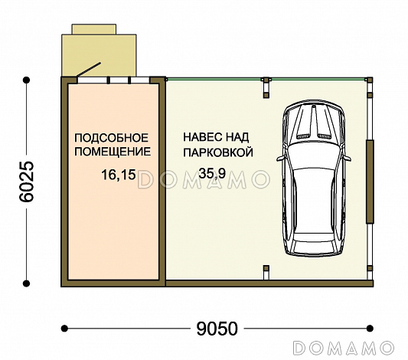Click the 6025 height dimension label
click(27, 182)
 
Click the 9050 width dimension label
click(217, 329)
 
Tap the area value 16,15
click(119, 175)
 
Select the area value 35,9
click(212, 173)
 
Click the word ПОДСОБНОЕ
click(111, 138)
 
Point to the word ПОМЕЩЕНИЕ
click(113, 152)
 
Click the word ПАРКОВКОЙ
click(218, 152)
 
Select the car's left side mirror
click(281, 158)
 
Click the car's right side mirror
click(347, 158)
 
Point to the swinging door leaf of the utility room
click(89, 70)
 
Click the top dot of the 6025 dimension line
click(26, 80)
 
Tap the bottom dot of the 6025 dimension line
click(26, 283)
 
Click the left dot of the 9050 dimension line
click(64, 329)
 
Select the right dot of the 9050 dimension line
click(370, 329)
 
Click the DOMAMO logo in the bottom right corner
click(343, 348)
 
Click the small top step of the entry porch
click(94, 29)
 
